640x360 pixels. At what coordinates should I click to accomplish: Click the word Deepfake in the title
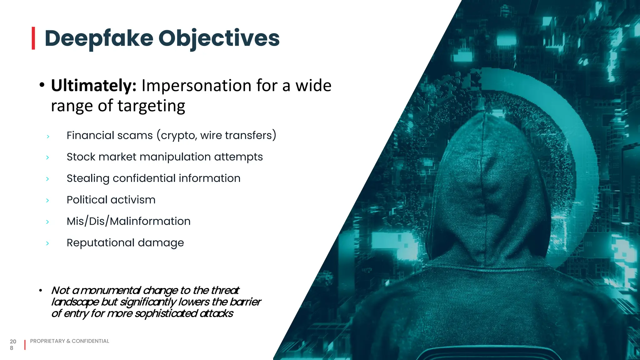99,38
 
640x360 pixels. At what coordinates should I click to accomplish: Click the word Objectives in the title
219,38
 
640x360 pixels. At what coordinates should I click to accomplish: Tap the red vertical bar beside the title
33,38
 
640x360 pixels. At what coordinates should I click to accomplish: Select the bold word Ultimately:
93,86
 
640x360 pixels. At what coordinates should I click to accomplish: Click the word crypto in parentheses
178,136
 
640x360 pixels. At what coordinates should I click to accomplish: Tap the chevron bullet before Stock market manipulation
47,157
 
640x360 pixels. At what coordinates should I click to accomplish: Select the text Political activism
111,200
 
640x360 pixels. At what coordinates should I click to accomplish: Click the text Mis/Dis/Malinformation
128,222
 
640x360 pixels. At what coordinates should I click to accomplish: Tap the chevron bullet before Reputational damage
47,243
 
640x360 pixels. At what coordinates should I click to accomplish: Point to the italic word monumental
111,291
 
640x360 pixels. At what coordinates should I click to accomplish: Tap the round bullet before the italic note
41,291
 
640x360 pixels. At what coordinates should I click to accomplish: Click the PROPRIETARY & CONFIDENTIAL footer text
69,341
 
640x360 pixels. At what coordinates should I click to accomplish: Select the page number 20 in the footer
13,342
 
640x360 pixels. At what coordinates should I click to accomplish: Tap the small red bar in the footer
25,345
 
